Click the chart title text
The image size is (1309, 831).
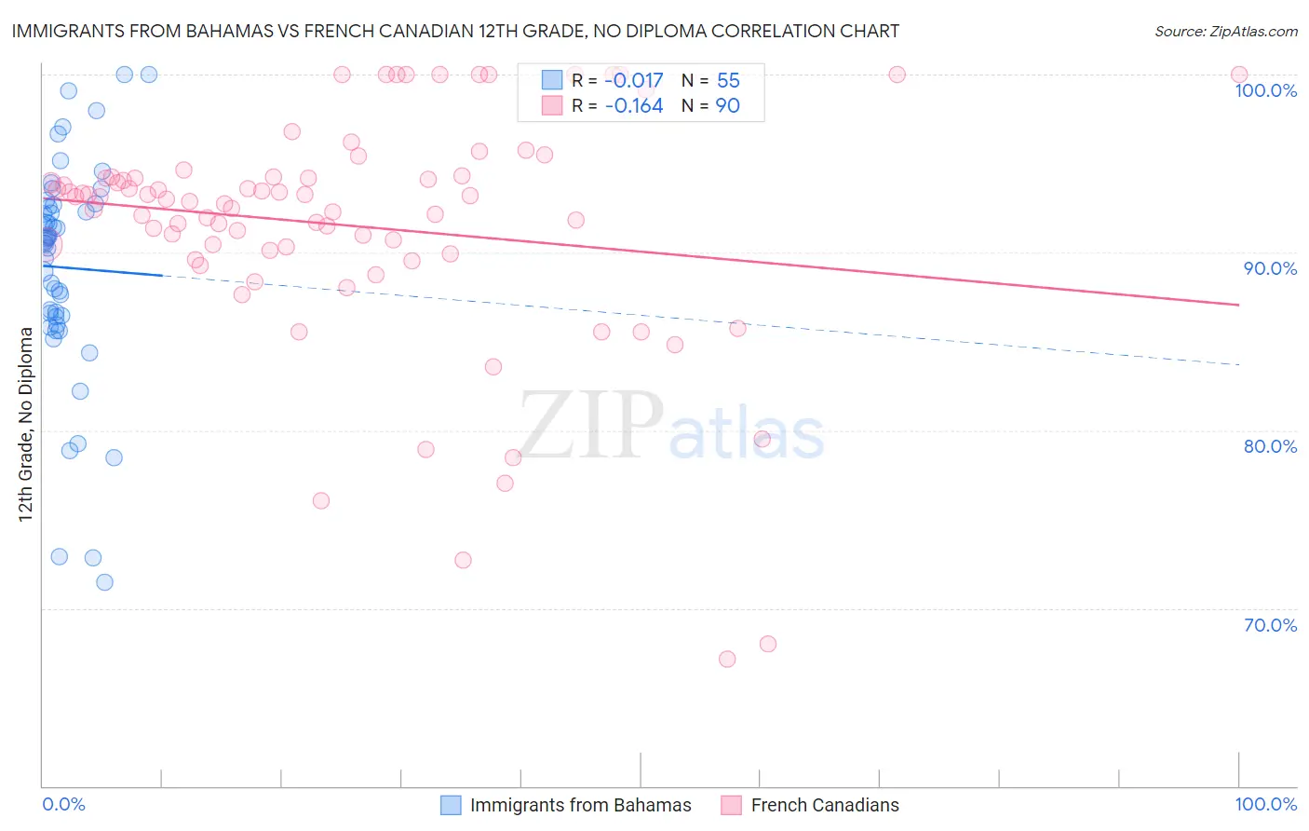coord(455,31)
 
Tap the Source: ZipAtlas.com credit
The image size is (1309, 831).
coord(1225,31)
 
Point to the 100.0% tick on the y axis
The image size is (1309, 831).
coord(1265,90)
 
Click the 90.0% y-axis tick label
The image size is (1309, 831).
coord(1270,268)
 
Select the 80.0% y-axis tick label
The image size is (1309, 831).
coord(1270,446)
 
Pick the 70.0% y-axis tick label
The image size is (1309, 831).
coord(1270,625)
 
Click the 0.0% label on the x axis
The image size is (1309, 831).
coord(63,804)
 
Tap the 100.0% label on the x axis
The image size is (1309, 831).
coord(1265,804)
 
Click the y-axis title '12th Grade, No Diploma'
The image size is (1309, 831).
coord(26,424)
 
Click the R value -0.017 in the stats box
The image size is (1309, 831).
coord(633,81)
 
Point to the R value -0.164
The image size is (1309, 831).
coord(633,106)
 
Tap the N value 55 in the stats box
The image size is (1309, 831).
coord(728,81)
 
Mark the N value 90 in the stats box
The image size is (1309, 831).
coord(727,106)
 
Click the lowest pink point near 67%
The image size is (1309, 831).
coord(727,659)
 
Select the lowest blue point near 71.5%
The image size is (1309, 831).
coord(104,582)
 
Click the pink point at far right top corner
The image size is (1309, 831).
coord(1238,75)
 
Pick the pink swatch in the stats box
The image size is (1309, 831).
coord(552,105)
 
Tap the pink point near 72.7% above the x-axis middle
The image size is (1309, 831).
coord(463,560)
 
